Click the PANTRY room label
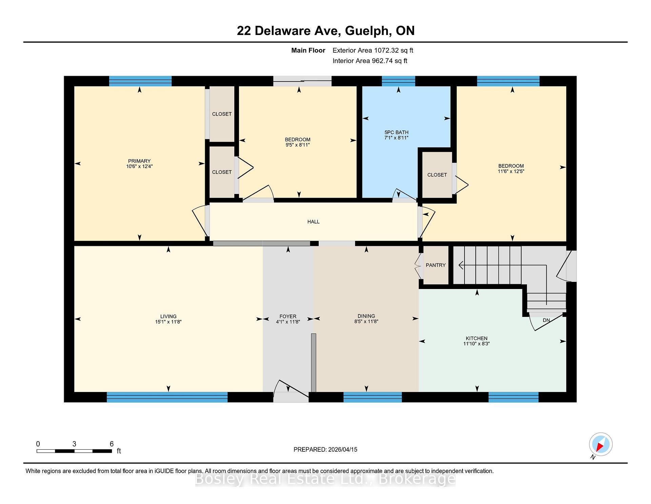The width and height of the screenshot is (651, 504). pos(436,265)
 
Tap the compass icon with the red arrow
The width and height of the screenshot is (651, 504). pos(600,444)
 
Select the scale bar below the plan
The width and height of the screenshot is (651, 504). pos(74,451)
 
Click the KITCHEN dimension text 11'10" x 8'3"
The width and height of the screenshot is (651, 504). pos(477,344)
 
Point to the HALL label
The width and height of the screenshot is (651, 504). pos(313,222)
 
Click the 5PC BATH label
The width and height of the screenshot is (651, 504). pos(396,132)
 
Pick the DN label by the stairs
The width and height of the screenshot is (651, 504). pos(546,320)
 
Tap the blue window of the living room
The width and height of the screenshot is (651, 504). pos(167,397)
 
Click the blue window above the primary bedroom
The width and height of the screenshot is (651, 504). pos(140,81)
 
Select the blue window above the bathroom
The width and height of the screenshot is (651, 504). pos(398,81)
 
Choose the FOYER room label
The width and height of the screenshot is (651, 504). pos(288,316)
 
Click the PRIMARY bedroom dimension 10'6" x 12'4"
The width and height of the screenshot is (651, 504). pos(139,166)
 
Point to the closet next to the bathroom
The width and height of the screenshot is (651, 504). pos(437,175)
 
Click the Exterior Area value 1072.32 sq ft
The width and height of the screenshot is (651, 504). pos(393,51)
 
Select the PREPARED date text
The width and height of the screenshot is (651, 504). pos(325,450)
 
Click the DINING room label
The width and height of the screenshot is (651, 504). pos(366,316)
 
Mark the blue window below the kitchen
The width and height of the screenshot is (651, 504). pos(513,397)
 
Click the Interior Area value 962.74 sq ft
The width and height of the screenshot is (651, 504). pos(389,61)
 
